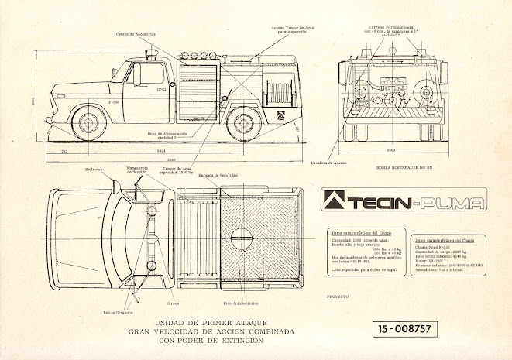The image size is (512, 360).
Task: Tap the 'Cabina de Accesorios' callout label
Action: tap(138, 35)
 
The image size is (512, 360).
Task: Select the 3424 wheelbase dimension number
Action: tap(161, 149)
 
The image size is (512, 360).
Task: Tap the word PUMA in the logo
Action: tap(458, 204)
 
